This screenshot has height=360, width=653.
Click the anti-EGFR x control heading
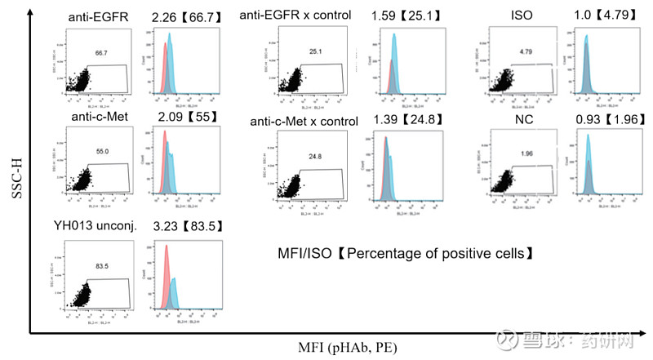[x=295, y=16]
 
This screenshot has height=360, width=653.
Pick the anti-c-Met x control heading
[x=304, y=122]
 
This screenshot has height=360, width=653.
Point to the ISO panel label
[x=522, y=16]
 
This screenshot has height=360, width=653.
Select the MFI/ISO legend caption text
[x=406, y=255]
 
